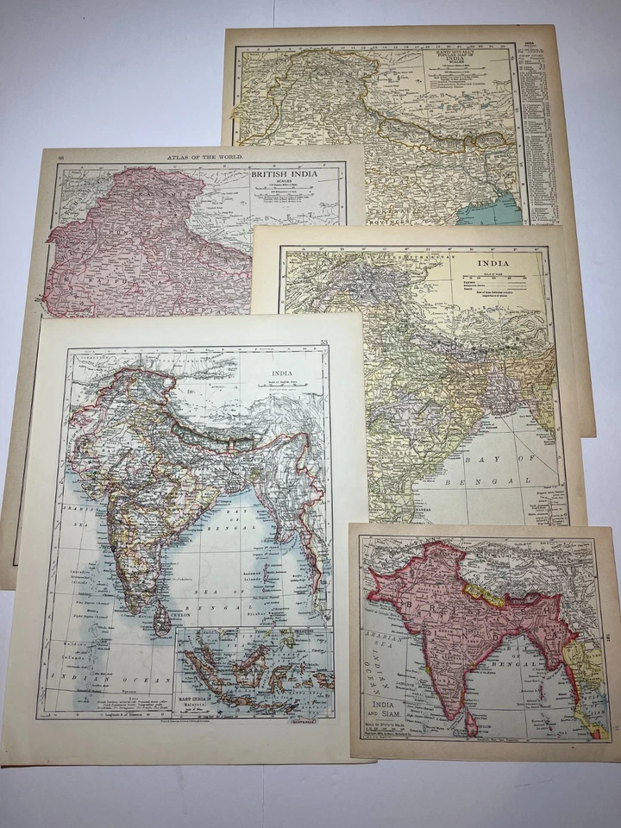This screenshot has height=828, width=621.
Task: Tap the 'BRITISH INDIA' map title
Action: coord(284,173)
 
